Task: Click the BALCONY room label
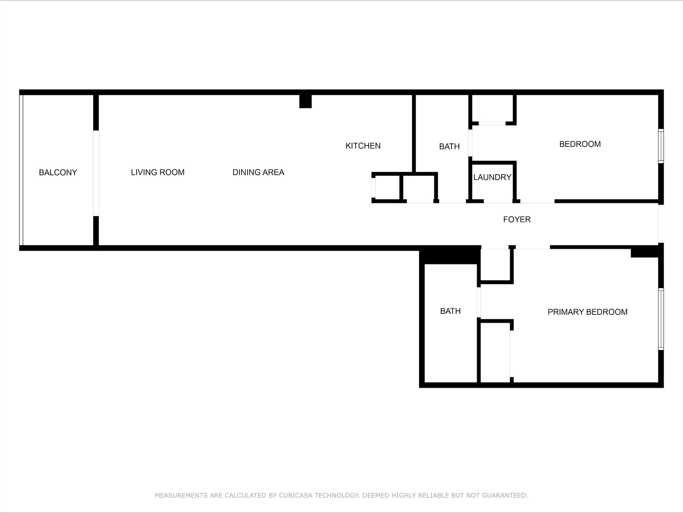click(x=58, y=172)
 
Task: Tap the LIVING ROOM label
click(x=158, y=172)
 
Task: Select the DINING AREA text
click(x=259, y=172)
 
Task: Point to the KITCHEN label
click(x=363, y=146)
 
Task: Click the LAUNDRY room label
click(x=492, y=177)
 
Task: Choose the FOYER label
click(x=517, y=219)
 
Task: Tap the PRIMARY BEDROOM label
click(x=588, y=312)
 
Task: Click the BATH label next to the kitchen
click(x=450, y=147)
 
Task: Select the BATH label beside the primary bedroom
click(x=450, y=311)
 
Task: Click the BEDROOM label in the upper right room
click(x=580, y=144)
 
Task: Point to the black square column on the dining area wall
click(x=305, y=101)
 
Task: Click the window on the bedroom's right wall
click(x=661, y=146)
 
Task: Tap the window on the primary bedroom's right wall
click(x=661, y=319)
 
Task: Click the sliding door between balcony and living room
click(x=96, y=173)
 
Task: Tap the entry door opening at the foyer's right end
click(x=661, y=224)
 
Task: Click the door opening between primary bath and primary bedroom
click(x=479, y=303)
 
